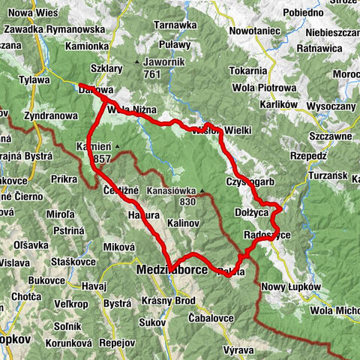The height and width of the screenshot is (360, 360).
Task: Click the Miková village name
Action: coord(118,246)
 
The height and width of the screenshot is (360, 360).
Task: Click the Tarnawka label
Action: coord(175,25)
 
